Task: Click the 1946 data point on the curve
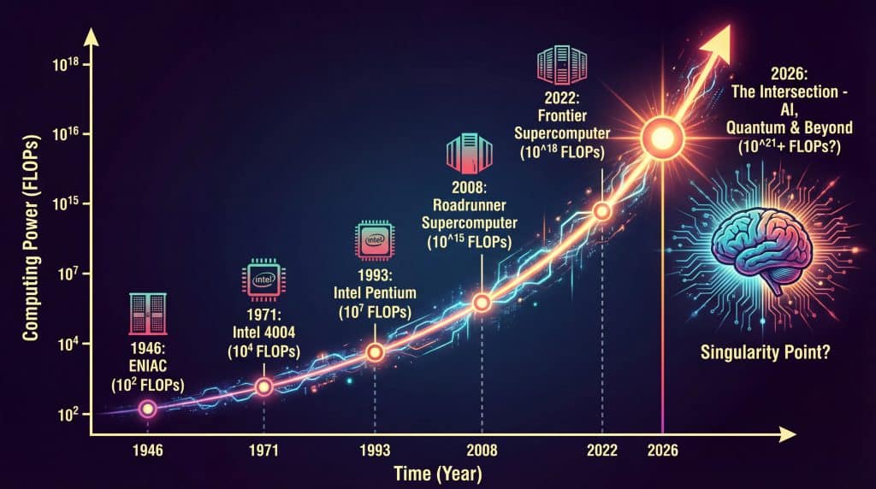point(147,409)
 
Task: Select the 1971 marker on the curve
point(263,386)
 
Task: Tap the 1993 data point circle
point(374,352)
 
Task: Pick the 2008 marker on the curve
point(482,302)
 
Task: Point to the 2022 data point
point(601,211)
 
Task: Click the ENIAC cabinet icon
point(146,315)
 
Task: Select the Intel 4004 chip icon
point(263,280)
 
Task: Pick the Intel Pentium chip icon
point(374,242)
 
